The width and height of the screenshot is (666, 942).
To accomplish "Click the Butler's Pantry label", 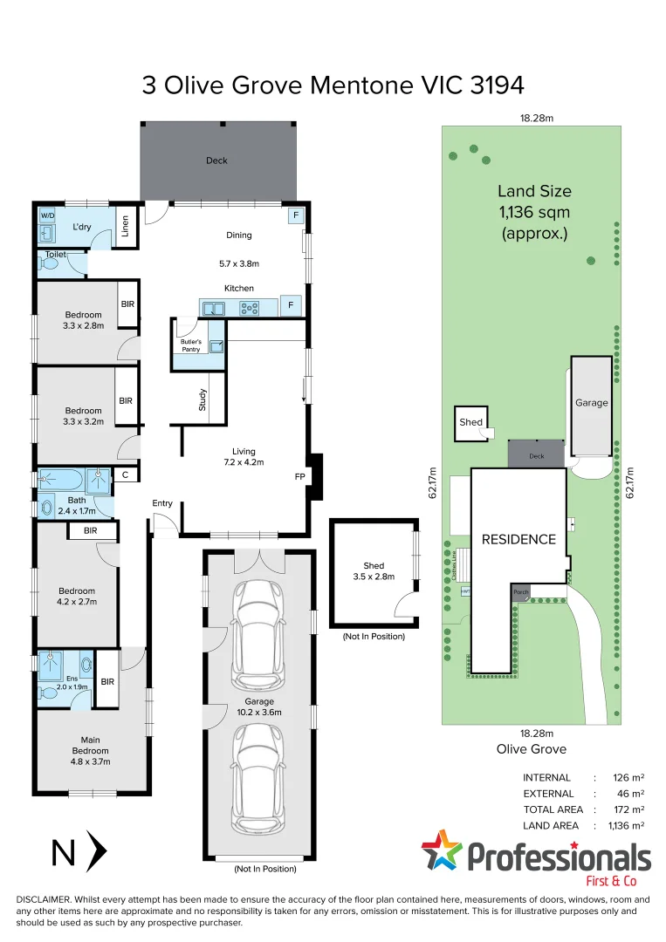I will [191, 345].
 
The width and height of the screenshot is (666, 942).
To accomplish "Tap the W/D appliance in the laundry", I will [46, 215].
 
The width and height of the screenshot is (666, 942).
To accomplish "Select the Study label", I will [202, 399].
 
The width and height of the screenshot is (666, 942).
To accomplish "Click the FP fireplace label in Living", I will [299, 477].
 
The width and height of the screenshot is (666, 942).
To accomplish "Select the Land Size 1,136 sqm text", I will [534, 212].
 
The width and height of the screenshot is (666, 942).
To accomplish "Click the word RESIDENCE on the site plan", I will [518, 539].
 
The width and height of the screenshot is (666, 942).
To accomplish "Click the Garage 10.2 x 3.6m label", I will [259, 706].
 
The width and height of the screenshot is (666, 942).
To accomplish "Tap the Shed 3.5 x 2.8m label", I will [374, 570].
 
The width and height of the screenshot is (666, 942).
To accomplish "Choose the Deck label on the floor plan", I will [216, 160].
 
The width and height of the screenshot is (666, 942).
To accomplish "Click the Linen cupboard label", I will [127, 226].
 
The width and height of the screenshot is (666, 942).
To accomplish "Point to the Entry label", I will [162, 503].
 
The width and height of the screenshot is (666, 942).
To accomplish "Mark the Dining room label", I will [238, 235].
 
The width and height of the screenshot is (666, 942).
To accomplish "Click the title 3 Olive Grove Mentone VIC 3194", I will [333, 85].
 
